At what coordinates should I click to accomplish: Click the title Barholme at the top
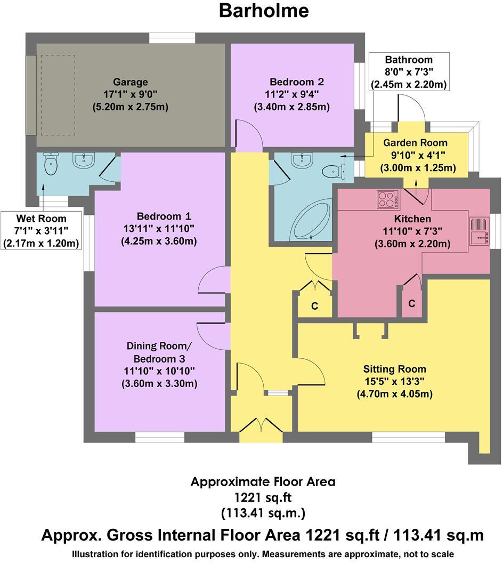(264, 11)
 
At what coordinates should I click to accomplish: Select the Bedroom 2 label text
(297, 83)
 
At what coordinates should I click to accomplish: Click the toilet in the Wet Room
(51, 164)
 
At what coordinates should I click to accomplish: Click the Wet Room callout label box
(41, 231)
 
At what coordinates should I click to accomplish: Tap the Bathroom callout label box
(409, 72)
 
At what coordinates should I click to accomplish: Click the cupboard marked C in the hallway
(315, 306)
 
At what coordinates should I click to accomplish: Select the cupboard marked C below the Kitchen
(412, 303)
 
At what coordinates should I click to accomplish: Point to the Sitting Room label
(394, 369)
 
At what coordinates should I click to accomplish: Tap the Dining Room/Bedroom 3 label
(159, 352)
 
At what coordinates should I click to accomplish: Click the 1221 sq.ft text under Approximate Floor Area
(263, 497)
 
